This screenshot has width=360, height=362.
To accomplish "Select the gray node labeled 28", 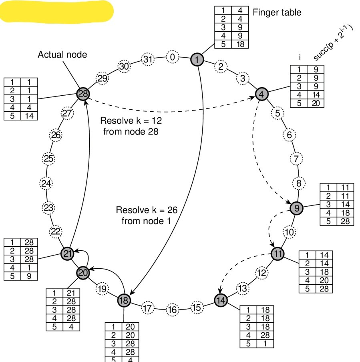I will (x=83, y=94).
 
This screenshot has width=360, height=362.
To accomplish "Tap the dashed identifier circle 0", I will (x=172, y=57).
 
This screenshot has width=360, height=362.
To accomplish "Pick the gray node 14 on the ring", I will (x=220, y=300).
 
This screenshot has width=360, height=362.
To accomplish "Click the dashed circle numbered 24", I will (x=46, y=184).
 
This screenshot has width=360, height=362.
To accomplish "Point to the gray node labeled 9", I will (x=296, y=208).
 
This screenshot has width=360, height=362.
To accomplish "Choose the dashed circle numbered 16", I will (x=172, y=310).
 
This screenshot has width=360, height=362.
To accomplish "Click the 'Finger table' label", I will (x=277, y=12).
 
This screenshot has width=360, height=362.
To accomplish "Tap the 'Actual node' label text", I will (x=62, y=54).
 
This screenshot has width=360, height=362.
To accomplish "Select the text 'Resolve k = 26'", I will (x=146, y=210).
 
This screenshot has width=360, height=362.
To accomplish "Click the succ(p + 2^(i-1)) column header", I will (x=333, y=44).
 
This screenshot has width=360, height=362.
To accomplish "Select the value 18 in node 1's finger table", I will (x=240, y=44).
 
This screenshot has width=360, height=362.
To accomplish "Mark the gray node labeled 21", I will (x=67, y=253).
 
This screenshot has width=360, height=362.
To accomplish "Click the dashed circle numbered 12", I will (x=261, y=273).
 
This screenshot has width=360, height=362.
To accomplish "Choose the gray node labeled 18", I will (x=124, y=300).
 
